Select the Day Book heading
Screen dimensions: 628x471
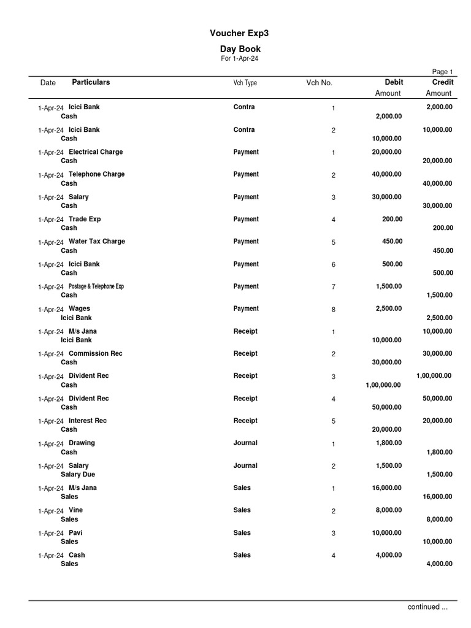(240, 49)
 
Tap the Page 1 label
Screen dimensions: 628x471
(442, 72)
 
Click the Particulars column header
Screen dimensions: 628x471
(91, 82)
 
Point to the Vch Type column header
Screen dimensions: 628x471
(245, 83)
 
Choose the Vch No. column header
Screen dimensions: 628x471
(320, 83)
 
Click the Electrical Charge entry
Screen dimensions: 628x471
(96, 152)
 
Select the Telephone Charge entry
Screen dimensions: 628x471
(96, 174)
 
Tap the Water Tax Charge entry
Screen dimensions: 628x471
(96, 242)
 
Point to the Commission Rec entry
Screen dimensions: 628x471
(96, 354)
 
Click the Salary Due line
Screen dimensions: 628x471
(78, 475)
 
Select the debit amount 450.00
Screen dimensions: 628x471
(390, 242)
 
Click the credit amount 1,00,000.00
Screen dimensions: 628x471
(434, 376)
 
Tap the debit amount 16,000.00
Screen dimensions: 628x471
(387, 488)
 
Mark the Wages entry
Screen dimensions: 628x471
(79, 309)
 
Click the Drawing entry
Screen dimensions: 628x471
(82, 443)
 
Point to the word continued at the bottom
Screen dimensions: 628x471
(423, 607)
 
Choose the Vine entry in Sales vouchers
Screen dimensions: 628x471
(75, 510)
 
